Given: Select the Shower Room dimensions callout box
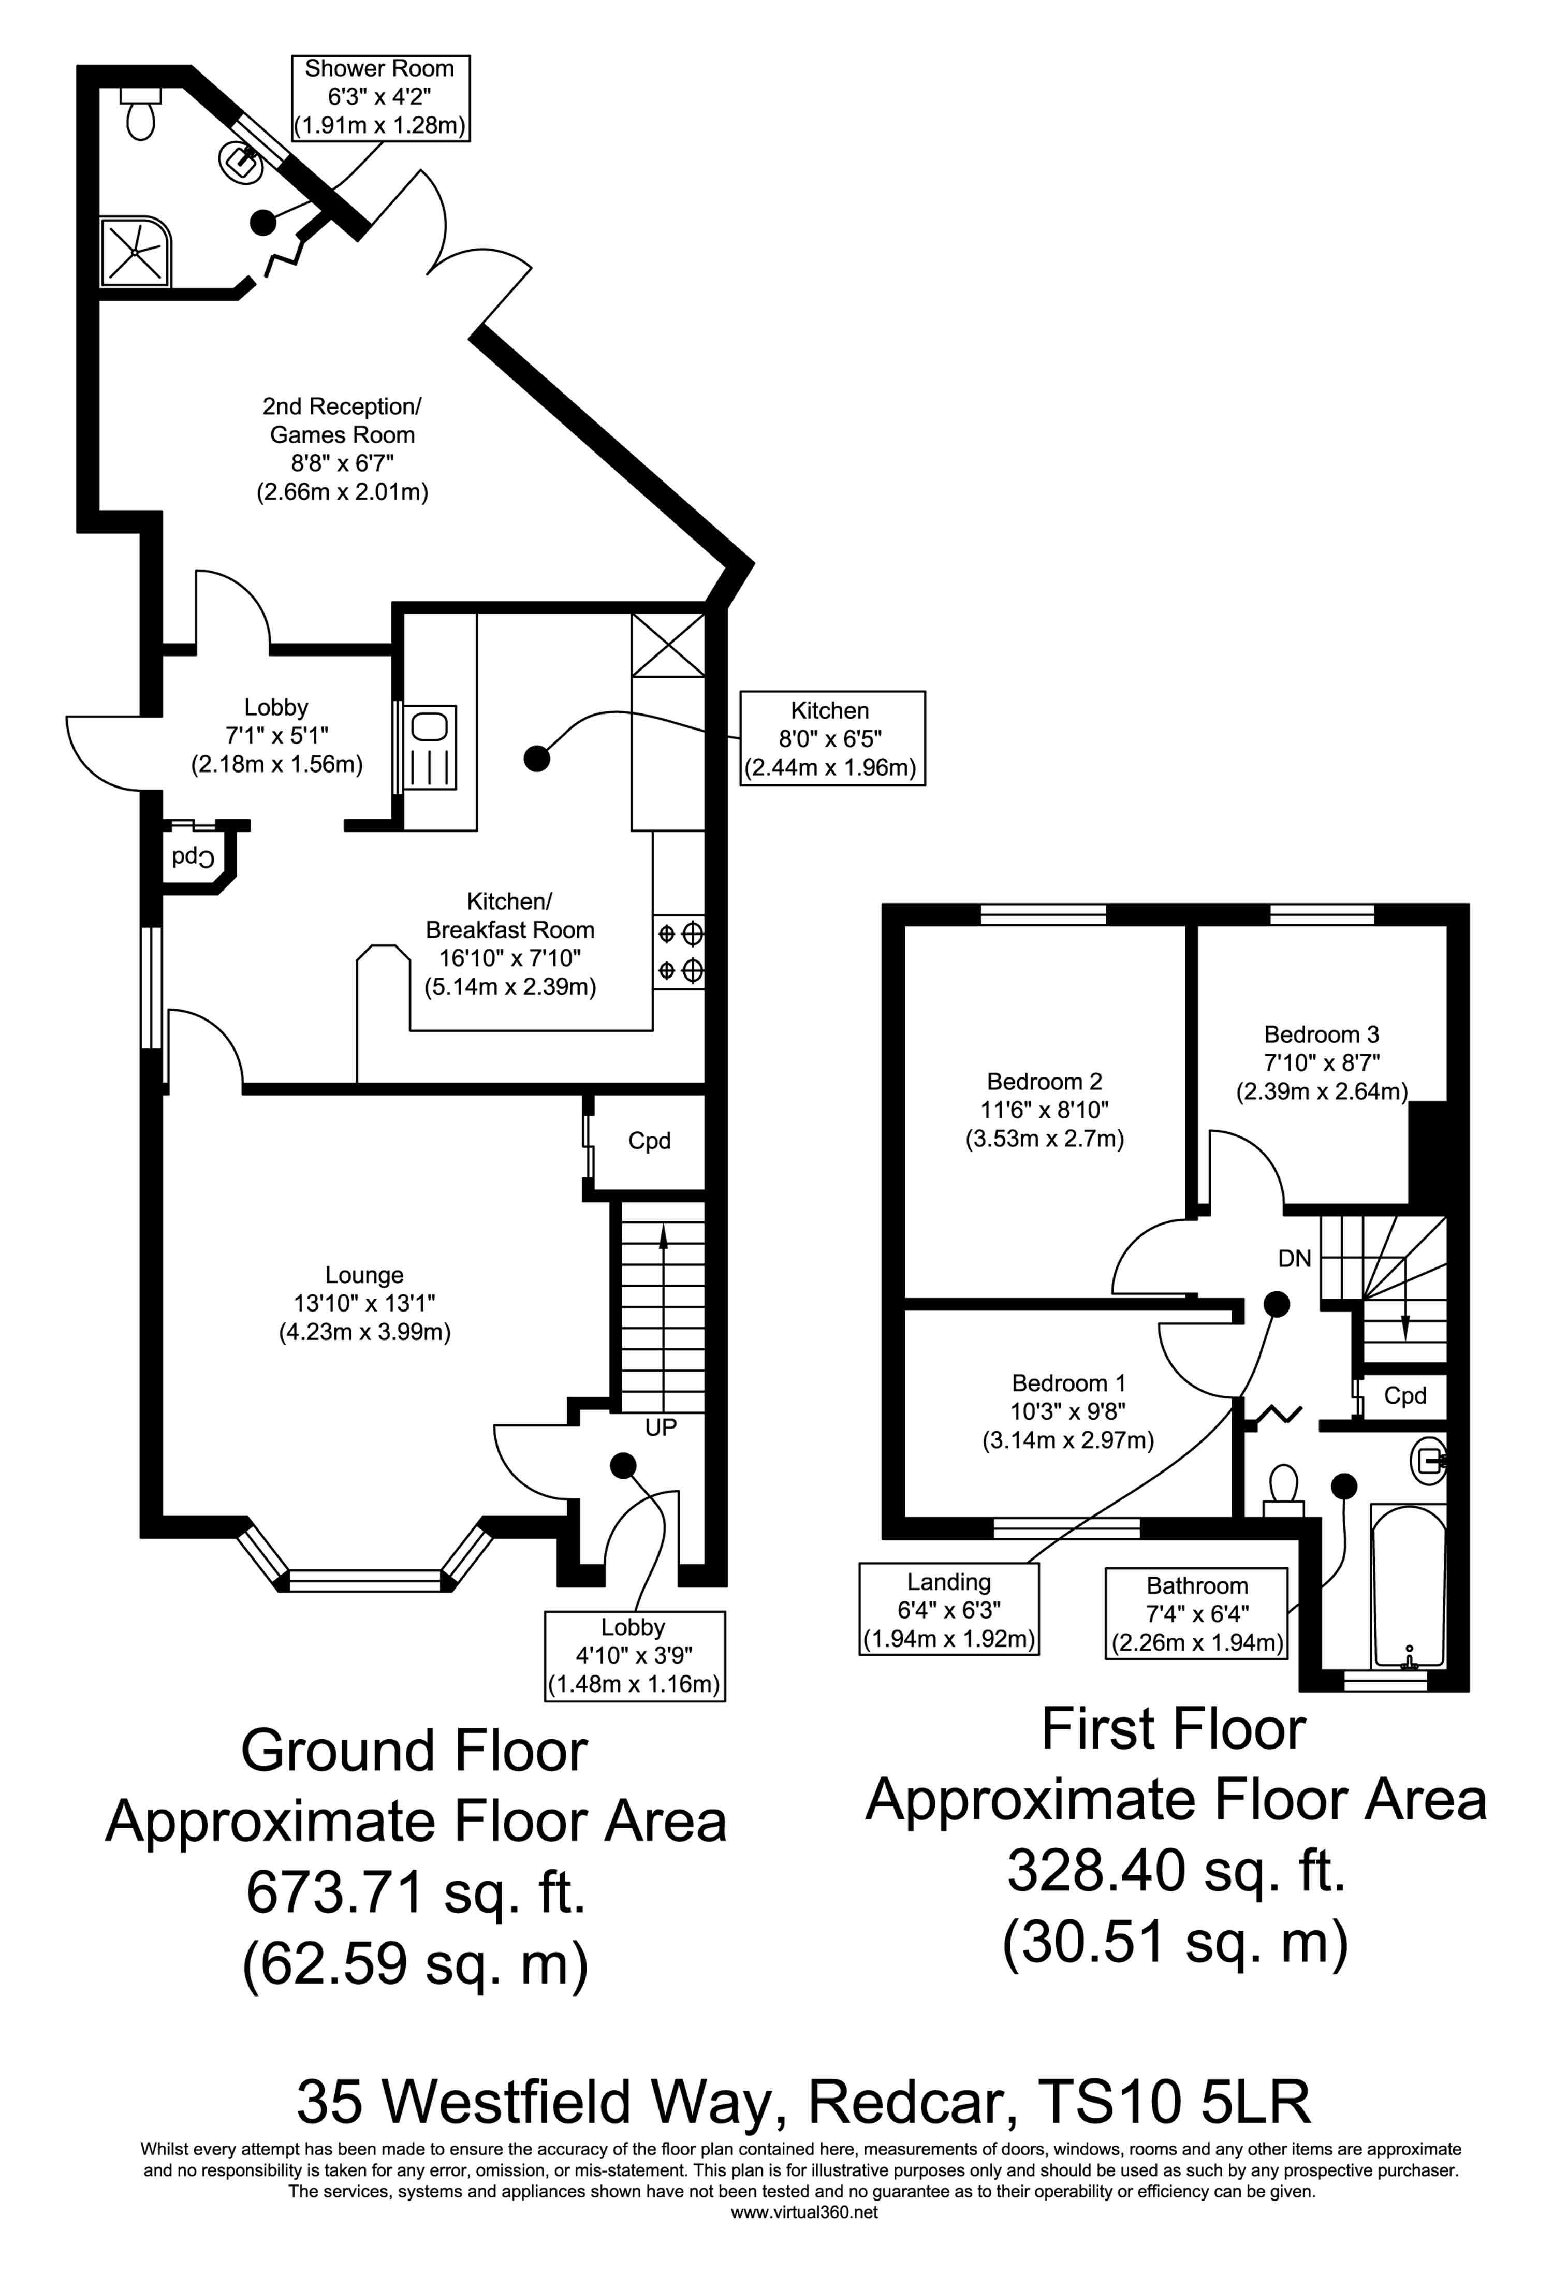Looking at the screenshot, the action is pyautogui.click(x=380, y=98).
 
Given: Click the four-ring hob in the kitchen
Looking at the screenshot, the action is pyautogui.click(x=680, y=951).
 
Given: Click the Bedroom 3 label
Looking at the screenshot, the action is pyautogui.click(x=1321, y=1062).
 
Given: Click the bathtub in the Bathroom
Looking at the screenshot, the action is pyautogui.click(x=1408, y=1586).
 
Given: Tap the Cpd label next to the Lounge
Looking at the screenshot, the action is pyautogui.click(x=649, y=1141).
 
